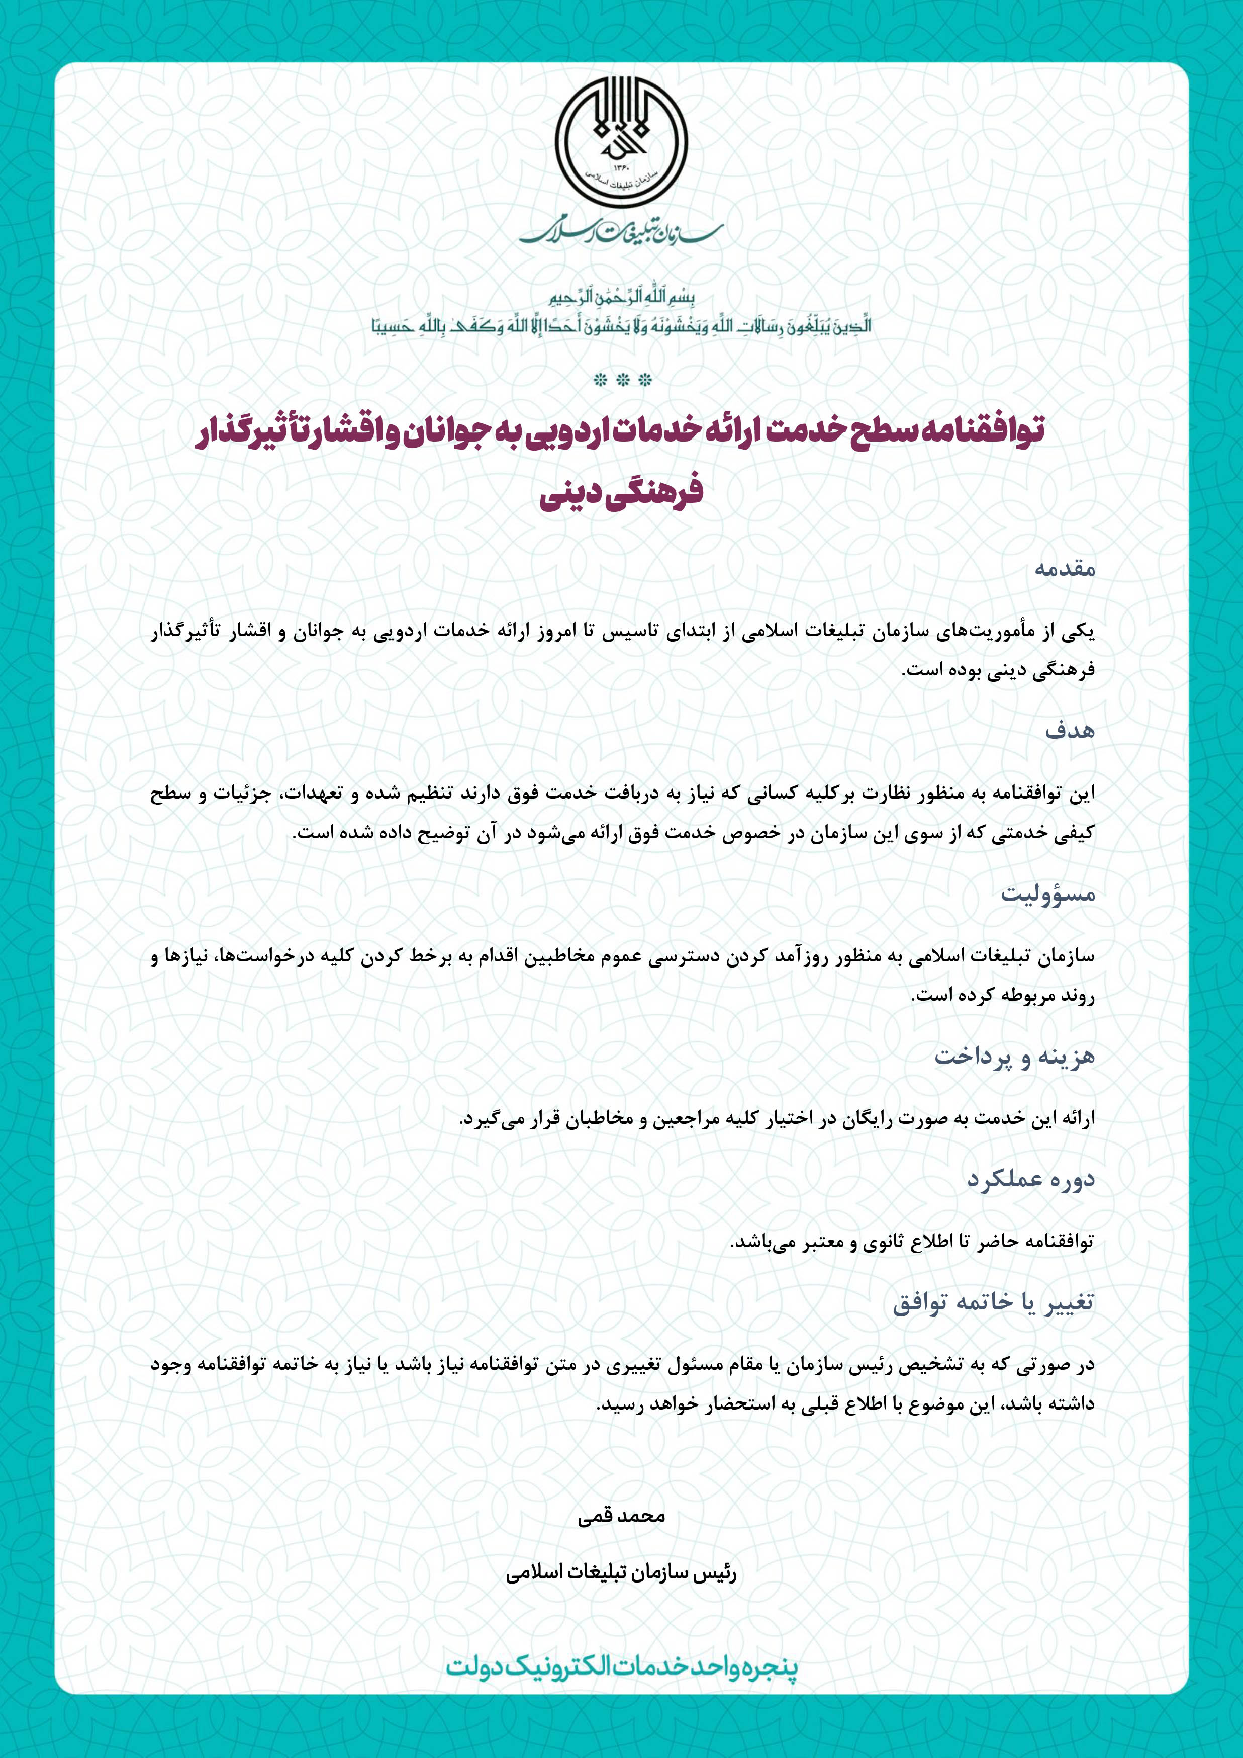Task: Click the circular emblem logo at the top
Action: pyautogui.click(x=621, y=143)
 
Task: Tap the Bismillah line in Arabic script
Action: pyautogui.click(x=621, y=298)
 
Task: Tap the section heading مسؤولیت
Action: pyautogui.click(x=1048, y=894)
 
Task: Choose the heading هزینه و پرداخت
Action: pyautogui.click(x=1014, y=1057)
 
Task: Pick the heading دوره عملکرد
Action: pyautogui.click(x=1030, y=1180)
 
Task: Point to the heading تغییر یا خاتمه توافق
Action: pyautogui.click(x=994, y=1302)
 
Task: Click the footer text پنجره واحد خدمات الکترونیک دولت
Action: pyautogui.click(x=621, y=1667)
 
